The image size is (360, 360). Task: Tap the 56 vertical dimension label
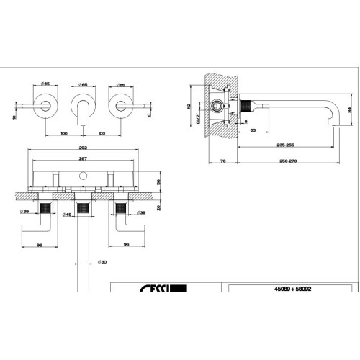click(159, 183)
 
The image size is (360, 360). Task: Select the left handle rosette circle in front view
click(46, 105)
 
